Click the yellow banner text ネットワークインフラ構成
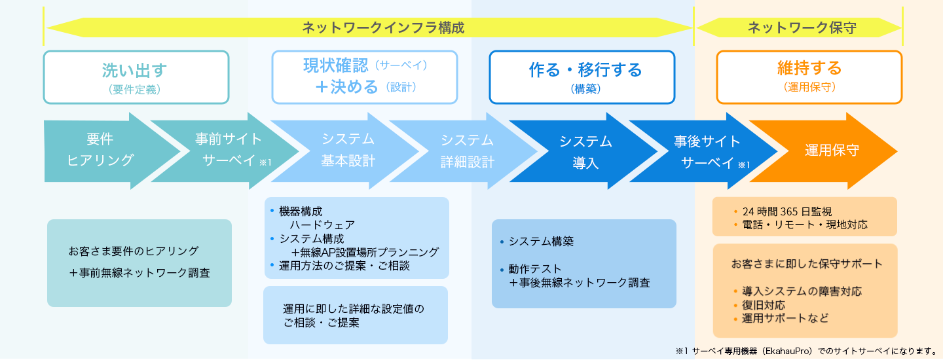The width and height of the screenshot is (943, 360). (383, 27)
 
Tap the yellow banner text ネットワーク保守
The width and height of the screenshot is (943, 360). (802, 27)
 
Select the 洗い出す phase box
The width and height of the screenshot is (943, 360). (136, 77)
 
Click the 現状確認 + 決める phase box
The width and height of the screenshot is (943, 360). (365, 77)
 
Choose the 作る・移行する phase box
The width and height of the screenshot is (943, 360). (582, 77)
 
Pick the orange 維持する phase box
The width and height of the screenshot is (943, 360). (809, 77)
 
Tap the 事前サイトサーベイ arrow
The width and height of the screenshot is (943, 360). (225, 151)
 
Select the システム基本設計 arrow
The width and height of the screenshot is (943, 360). (345, 151)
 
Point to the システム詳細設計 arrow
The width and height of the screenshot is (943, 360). (464, 151)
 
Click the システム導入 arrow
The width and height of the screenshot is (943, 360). (583, 151)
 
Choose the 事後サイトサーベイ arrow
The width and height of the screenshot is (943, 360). (704, 151)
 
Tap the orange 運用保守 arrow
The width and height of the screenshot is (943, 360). (823, 151)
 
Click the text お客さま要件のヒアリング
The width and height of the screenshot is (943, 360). (134, 251)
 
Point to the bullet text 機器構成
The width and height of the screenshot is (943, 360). (301, 211)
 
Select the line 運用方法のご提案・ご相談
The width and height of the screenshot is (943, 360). (344, 266)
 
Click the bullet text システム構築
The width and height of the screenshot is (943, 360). (542, 242)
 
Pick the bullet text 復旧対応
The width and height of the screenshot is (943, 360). (764, 305)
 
